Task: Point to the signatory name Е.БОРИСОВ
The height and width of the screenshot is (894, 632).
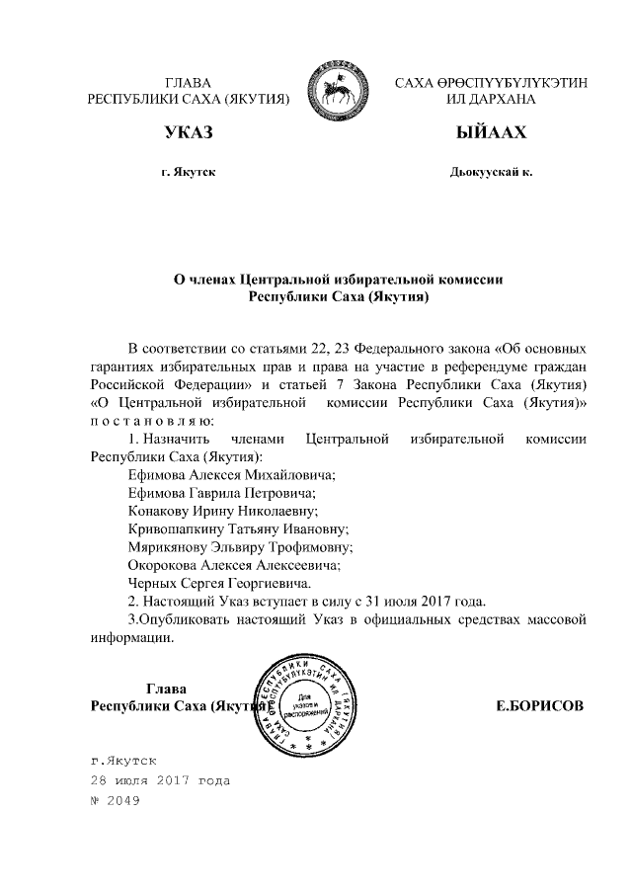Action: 539,706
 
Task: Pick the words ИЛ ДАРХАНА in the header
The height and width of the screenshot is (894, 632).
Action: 491,100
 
